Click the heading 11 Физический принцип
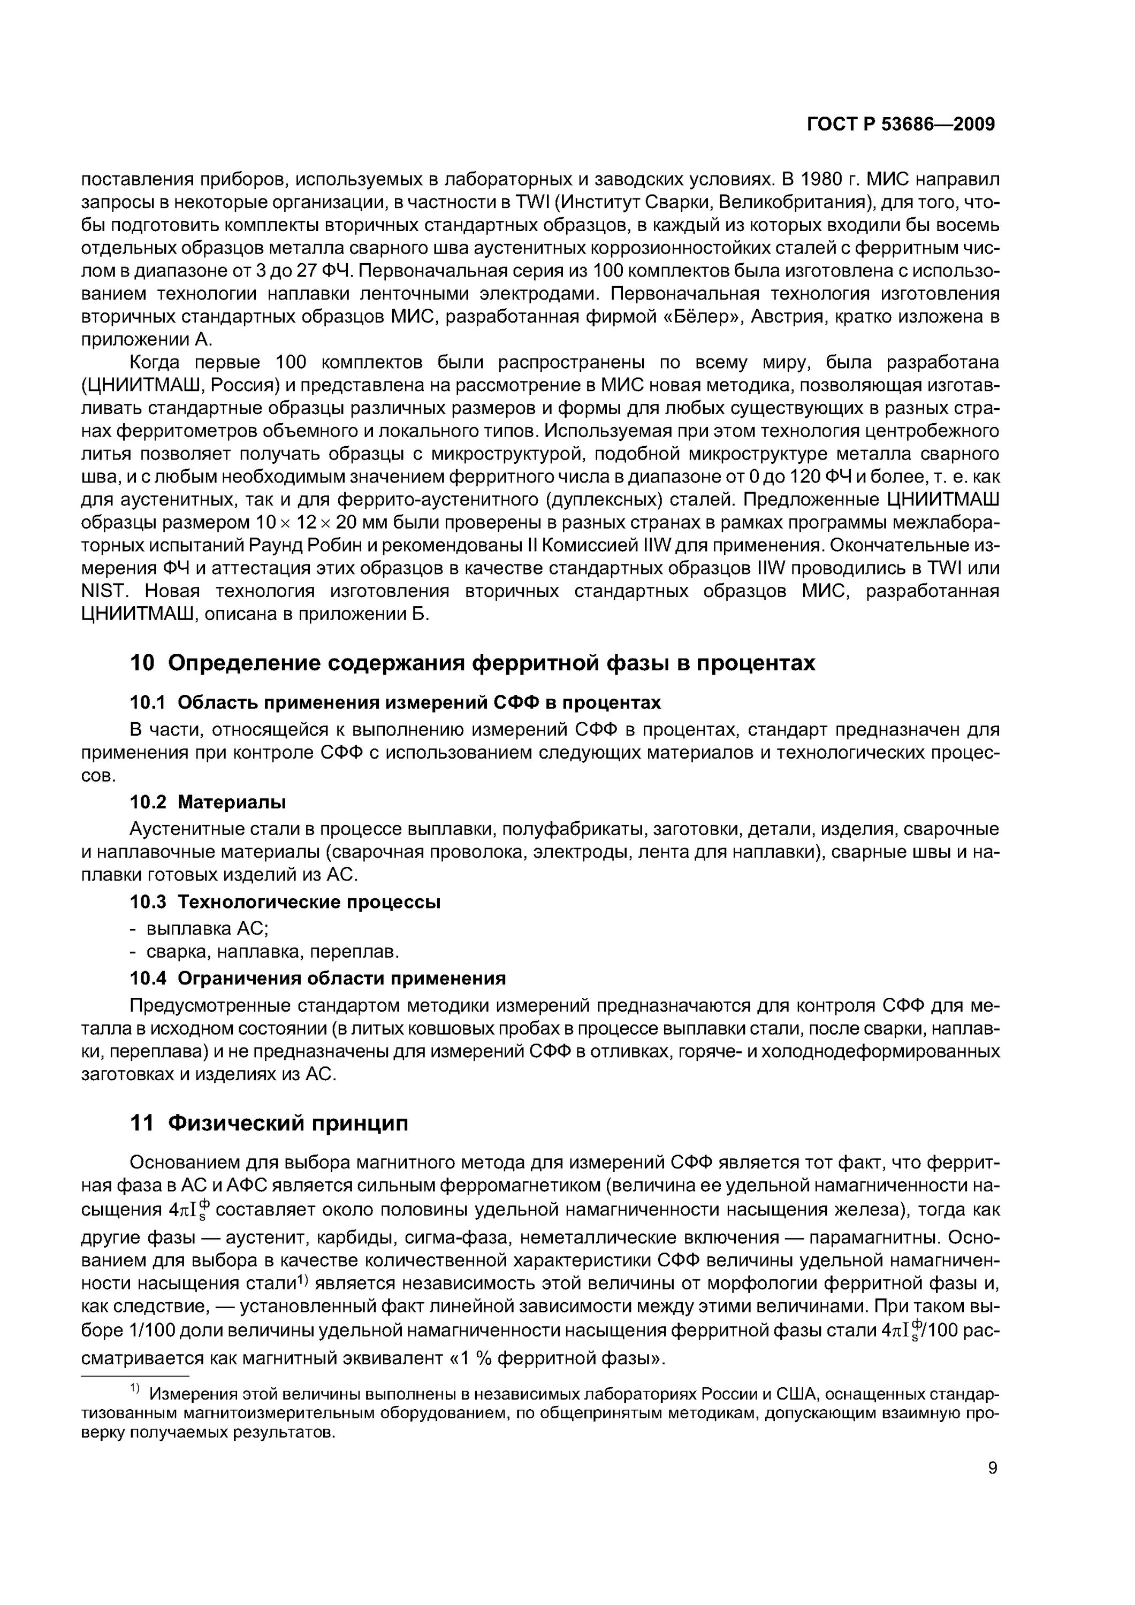click(x=269, y=1123)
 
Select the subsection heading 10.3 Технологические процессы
click(x=285, y=902)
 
